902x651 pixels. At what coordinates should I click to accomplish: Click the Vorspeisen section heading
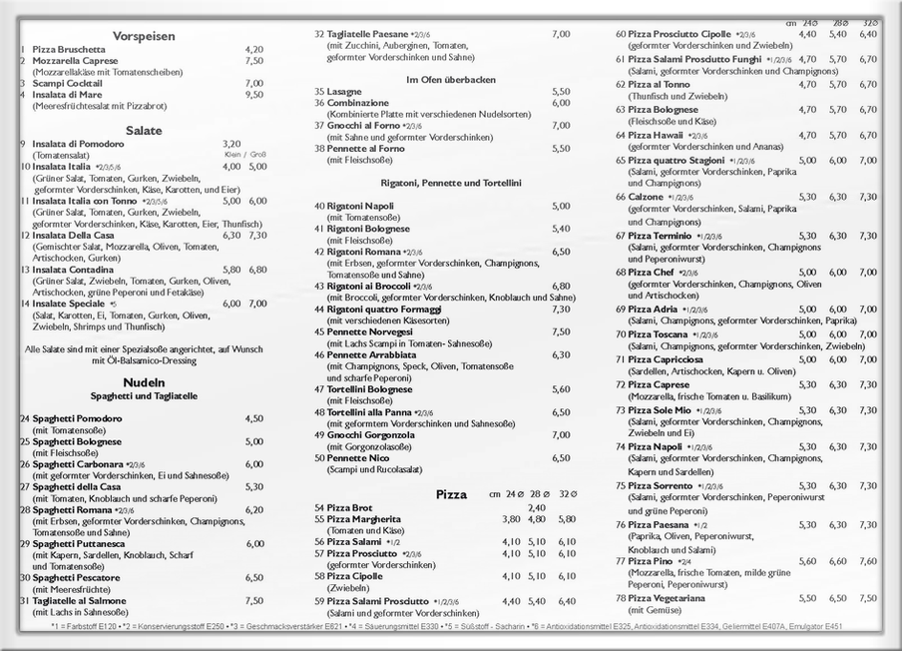click(x=144, y=36)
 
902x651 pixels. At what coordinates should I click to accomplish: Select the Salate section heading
click(x=144, y=130)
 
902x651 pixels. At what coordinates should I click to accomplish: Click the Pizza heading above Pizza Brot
click(x=451, y=494)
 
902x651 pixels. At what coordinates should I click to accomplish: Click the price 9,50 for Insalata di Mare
click(x=254, y=95)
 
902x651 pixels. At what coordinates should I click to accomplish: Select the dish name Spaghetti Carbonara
click(x=78, y=463)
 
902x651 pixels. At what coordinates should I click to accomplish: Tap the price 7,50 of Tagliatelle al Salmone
click(x=254, y=601)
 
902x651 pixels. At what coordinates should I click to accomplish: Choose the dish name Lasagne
click(x=344, y=91)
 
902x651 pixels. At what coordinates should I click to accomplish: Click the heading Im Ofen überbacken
click(x=450, y=79)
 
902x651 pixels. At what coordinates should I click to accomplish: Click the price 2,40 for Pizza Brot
click(x=537, y=508)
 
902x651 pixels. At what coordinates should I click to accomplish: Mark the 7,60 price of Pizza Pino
click(x=868, y=561)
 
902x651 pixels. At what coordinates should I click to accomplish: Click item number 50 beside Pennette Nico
click(x=319, y=458)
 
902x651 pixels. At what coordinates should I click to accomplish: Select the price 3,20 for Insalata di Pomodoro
click(x=231, y=144)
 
